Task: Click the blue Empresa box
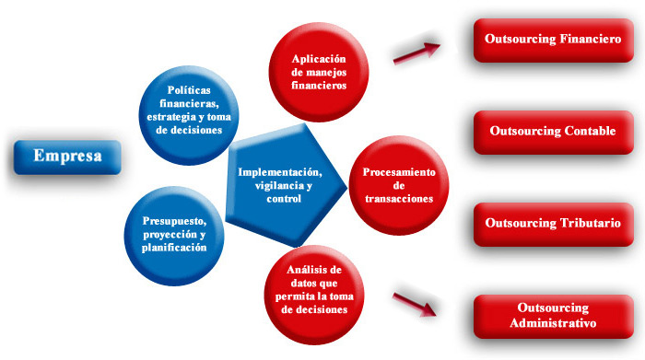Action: tap(67, 156)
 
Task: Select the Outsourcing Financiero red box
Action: tap(553, 41)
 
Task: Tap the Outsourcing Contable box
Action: tap(553, 132)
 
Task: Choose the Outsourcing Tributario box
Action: tap(553, 224)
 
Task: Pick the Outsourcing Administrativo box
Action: tap(553, 315)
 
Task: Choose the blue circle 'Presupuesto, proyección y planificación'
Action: tap(174, 235)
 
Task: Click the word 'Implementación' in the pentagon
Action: tap(279, 172)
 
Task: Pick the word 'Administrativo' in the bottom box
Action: tap(553, 324)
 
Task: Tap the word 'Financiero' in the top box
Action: tap(592, 41)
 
